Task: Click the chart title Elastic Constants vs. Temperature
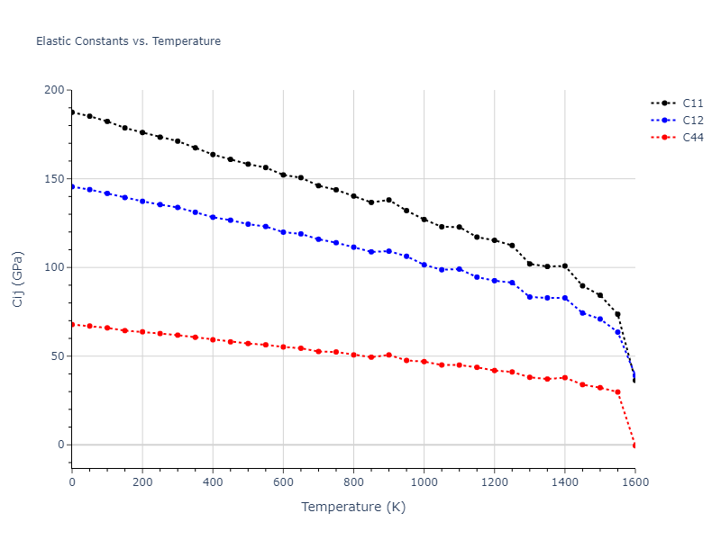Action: pyautogui.click(x=128, y=41)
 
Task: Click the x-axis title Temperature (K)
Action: pyautogui.click(x=353, y=507)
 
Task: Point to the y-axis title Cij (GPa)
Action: pyautogui.click(x=18, y=279)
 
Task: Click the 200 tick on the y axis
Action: pyautogui.click(x=56, y=90)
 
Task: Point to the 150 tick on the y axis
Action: pyautogui.click(x=56, y=178)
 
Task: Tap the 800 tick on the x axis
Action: pyautogui.click(x=353, y=482)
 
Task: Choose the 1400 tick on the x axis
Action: pyautogui.click(x=564, y=482)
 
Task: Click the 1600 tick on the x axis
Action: pyautogui.click(x=634, y=482)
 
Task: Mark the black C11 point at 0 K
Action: pyautogui.click(x=72, y=112)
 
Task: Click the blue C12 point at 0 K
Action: pyautogui.click(x=72, y=186)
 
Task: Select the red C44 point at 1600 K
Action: pyautogui.click(x=634, y=445)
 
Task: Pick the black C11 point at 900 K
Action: pyautogui.click(x=388, y=200)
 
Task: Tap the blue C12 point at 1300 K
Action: pyautogui.click(x=529, y=296)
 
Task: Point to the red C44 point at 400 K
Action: pyautogui.click(x=213, y=339)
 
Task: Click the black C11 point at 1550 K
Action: pyautogui.click(x=617, y=314)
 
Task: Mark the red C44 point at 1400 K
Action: pyautogui.click(x=564, y=377)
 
